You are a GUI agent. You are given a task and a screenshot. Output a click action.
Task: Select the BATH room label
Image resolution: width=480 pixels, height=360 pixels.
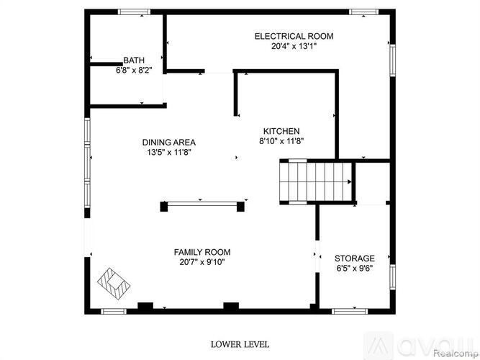click(x=134, y=61)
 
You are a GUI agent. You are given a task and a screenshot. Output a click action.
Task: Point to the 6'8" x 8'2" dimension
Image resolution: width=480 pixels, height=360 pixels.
click(x=134, y=71)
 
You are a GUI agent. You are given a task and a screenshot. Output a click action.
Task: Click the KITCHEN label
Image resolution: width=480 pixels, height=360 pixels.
click(x=281, y=131)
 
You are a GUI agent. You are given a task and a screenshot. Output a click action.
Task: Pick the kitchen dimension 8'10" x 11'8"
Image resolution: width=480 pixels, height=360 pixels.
click(x=281, y=141)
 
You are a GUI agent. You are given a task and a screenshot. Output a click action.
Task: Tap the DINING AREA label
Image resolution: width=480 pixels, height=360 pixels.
click(x=169, y=143)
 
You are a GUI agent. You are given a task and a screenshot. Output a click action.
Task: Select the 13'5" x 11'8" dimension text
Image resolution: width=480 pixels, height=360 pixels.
click(x=169, y=153)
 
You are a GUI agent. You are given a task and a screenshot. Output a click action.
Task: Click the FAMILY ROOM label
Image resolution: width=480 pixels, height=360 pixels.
click(x=202, y=252)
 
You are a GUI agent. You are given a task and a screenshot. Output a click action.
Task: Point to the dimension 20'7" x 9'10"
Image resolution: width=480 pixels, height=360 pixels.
click(x=202, y=262)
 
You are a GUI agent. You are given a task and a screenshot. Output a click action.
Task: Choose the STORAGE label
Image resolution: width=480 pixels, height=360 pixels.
click(x=354, y=258)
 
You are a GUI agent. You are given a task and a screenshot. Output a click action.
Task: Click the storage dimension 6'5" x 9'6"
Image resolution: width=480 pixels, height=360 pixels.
click(x=354, y=269)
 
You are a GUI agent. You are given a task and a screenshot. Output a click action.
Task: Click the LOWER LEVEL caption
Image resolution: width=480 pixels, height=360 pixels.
click(x=240, y=345)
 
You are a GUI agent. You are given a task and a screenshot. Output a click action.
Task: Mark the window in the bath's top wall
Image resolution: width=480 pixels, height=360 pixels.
click(x=130, y=11)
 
